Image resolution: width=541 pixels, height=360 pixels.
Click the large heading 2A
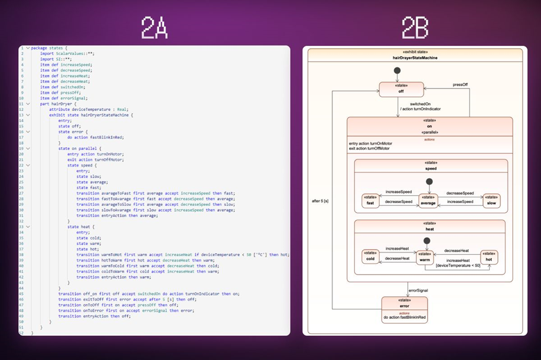[155, 28]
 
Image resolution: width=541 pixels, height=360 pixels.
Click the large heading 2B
[415, 28]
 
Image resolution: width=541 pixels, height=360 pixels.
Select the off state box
[402, 89]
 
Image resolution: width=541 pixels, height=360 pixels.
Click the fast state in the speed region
[370, 201]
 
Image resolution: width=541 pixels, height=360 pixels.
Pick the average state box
[428, 201]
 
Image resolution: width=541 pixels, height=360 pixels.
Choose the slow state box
[491, 201]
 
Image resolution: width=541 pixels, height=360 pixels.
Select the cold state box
[370, 256]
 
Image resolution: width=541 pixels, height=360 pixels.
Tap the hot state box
[488, 257]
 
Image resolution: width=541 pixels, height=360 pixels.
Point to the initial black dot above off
[397, 71]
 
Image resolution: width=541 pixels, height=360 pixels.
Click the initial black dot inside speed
[429, 182]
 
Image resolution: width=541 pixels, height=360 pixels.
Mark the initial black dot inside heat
[426, 241]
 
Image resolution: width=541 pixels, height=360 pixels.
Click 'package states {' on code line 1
[50, 48]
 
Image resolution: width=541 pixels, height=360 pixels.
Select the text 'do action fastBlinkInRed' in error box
[405, 318]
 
